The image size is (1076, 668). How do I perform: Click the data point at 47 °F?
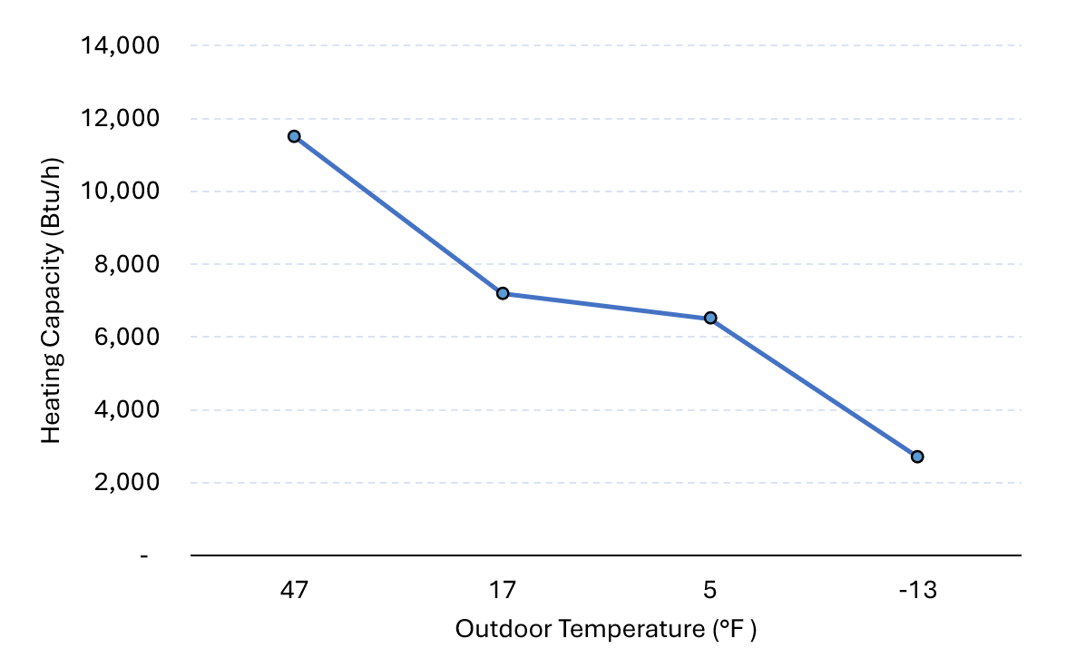point(294,136)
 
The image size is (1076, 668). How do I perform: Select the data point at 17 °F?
point(502,293)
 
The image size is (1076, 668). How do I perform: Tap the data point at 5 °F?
point(710,318)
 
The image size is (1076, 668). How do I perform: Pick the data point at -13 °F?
point(917,457)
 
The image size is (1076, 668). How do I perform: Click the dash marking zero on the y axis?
point(144,555)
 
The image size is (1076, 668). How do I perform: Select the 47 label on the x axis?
point(294,591)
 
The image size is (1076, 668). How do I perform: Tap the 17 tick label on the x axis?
point(502,591)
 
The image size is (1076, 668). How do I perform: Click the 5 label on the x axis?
point(710,591)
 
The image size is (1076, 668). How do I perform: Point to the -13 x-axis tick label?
point(917,591)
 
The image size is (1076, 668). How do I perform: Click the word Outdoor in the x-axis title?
point(494,629)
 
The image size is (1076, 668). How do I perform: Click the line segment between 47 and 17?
point(397,214)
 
